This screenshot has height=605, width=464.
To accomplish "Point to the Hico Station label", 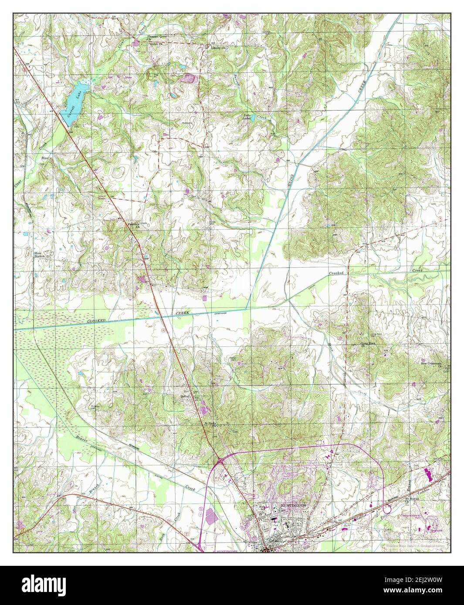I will click(x=40, y=254).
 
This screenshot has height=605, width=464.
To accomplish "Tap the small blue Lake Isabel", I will click(x=247, y=117).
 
